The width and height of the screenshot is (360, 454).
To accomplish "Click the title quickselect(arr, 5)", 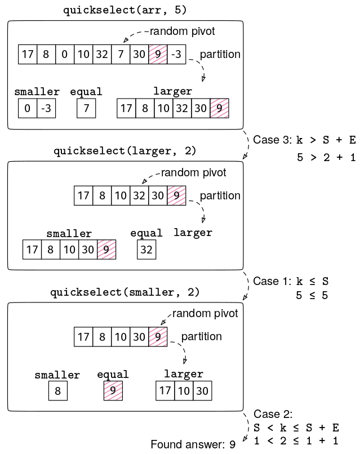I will pyautogui.click(x=125, y=10).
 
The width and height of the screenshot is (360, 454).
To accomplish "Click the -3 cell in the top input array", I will pyautogui.click(x=176, y=55).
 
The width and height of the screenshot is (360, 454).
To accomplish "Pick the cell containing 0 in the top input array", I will pyautogui.click(x=65, y=55).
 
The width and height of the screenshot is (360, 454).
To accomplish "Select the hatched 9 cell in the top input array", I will pyautogui.click(x=158, y=55).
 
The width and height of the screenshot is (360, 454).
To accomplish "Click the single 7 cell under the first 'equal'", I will pyautogui.click(x=86, y=108).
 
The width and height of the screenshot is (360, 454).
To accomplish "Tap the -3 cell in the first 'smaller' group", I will pyautogui.click(x=46, y=108).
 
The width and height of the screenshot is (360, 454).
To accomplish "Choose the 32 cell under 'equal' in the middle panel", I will pyautogui.click(x=146, y=250).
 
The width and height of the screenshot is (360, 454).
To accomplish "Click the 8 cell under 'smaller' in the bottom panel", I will pyautogui.click(x=57, y=390).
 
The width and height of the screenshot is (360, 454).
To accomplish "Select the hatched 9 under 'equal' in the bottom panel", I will pyautogui.click(x=113, y=390).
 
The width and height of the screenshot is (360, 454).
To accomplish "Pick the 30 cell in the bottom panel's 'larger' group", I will pyautogui.click(x=202, y=390).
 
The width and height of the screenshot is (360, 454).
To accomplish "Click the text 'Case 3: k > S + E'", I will pyautogui.click(x=304, y=140).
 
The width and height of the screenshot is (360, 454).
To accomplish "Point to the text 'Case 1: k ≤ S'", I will pyautogui.click(x=291, y=281).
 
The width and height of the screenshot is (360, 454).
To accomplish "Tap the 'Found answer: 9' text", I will pyautogui.click(x=193, y=444).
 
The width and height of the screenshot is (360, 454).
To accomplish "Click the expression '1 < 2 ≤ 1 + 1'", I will pyautogui.click(x=296, y=440).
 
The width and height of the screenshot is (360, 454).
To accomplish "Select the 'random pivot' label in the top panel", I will pyautogui.click(x=182, y=31).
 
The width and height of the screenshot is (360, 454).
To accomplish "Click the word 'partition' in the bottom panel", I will pyautogui.click(x=201, y=336).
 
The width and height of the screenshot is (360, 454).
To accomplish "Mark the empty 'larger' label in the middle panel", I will pyautogui.click(x=193, y=233).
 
